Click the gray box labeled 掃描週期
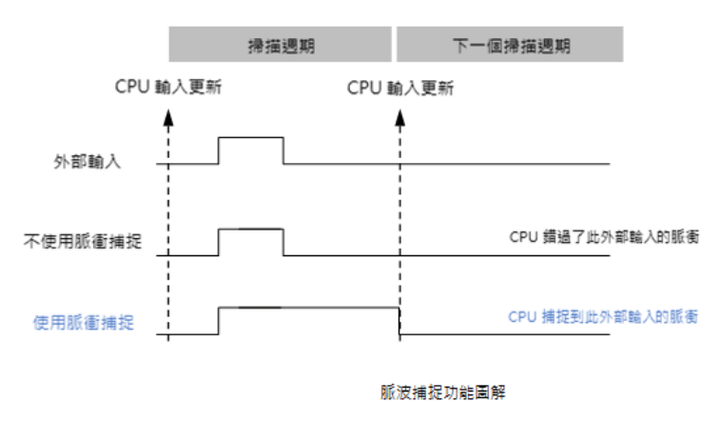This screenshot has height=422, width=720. coord(281,45)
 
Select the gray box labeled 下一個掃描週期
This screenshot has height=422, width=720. coord(510,45)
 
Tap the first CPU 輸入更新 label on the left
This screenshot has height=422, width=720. coord(168,89)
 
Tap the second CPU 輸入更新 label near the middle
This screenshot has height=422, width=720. coord(400,89)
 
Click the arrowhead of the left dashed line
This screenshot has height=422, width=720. coord(169,117)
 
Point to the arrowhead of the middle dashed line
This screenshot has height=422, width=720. coord(399,117)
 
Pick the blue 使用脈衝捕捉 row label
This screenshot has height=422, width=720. coord(83,322)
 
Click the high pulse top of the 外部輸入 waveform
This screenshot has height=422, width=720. coord(251,138)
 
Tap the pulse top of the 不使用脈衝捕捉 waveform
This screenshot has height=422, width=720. coord(251,230)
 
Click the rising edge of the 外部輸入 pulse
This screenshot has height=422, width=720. coord(219,151)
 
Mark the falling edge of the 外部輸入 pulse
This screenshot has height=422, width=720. coord(283,151)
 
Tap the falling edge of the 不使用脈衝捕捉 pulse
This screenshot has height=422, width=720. coord(283,243)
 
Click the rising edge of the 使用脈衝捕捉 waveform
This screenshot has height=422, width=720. coord(219,320)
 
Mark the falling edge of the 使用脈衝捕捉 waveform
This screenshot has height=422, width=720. coord(398,321)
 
